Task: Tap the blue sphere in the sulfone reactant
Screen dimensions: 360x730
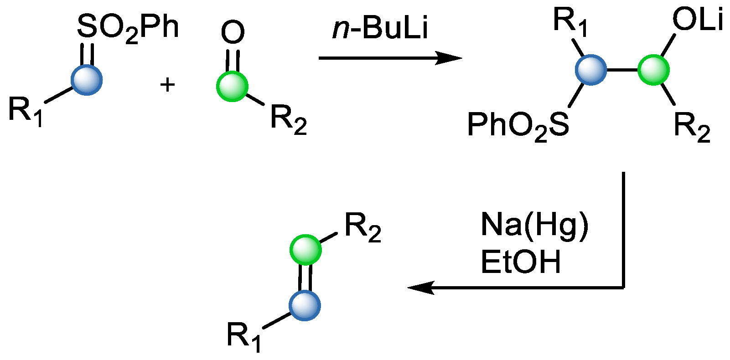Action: coord(87,80)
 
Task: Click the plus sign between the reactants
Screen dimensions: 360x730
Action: coord(168,84)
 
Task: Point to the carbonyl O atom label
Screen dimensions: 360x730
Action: coord(233,33)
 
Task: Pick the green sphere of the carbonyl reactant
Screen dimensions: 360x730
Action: coord(232,86)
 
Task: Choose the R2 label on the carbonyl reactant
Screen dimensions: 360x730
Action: coord(288,119)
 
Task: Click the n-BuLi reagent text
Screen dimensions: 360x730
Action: coord(380,28)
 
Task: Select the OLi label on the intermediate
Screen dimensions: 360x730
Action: coord(698,21)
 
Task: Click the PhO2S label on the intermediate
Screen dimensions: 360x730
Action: coord(518,126)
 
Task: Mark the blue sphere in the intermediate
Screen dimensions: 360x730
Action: coord(591,70)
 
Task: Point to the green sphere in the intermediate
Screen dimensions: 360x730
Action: coord(653,70)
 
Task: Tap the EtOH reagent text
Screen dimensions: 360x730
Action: coord(521,262)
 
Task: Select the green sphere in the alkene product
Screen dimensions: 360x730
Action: coord(305,250)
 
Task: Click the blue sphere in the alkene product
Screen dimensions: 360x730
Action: coord(305,305)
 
